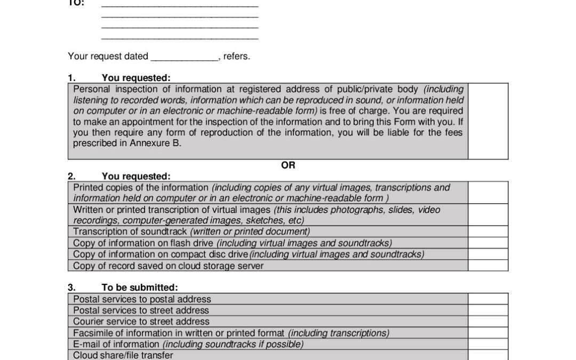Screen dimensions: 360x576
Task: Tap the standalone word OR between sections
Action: point(288,165)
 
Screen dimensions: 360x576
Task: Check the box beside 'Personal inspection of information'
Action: point(488,121)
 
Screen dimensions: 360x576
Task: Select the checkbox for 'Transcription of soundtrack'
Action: point(488,231)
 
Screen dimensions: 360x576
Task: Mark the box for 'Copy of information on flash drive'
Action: point(488,243)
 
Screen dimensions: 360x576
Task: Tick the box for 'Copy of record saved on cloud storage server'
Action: point(488,265)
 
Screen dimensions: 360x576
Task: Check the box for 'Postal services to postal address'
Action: point(488,299)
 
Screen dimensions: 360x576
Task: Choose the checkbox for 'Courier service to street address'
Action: point(488,321)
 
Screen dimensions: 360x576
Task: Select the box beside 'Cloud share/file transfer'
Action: point(488,355)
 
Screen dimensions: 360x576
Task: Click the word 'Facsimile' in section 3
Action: point(92,333)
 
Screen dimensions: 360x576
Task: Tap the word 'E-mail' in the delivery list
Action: point(86,344)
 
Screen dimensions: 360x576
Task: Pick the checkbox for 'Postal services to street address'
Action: point(488,310)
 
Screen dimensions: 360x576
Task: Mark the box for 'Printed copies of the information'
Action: point(488,193)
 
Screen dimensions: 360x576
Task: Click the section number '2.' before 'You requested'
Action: point(71,176)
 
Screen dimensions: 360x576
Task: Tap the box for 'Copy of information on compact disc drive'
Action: point(488,254)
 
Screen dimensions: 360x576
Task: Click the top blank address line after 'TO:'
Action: point(180,5)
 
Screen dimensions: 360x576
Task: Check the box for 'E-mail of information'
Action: point(488,343)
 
